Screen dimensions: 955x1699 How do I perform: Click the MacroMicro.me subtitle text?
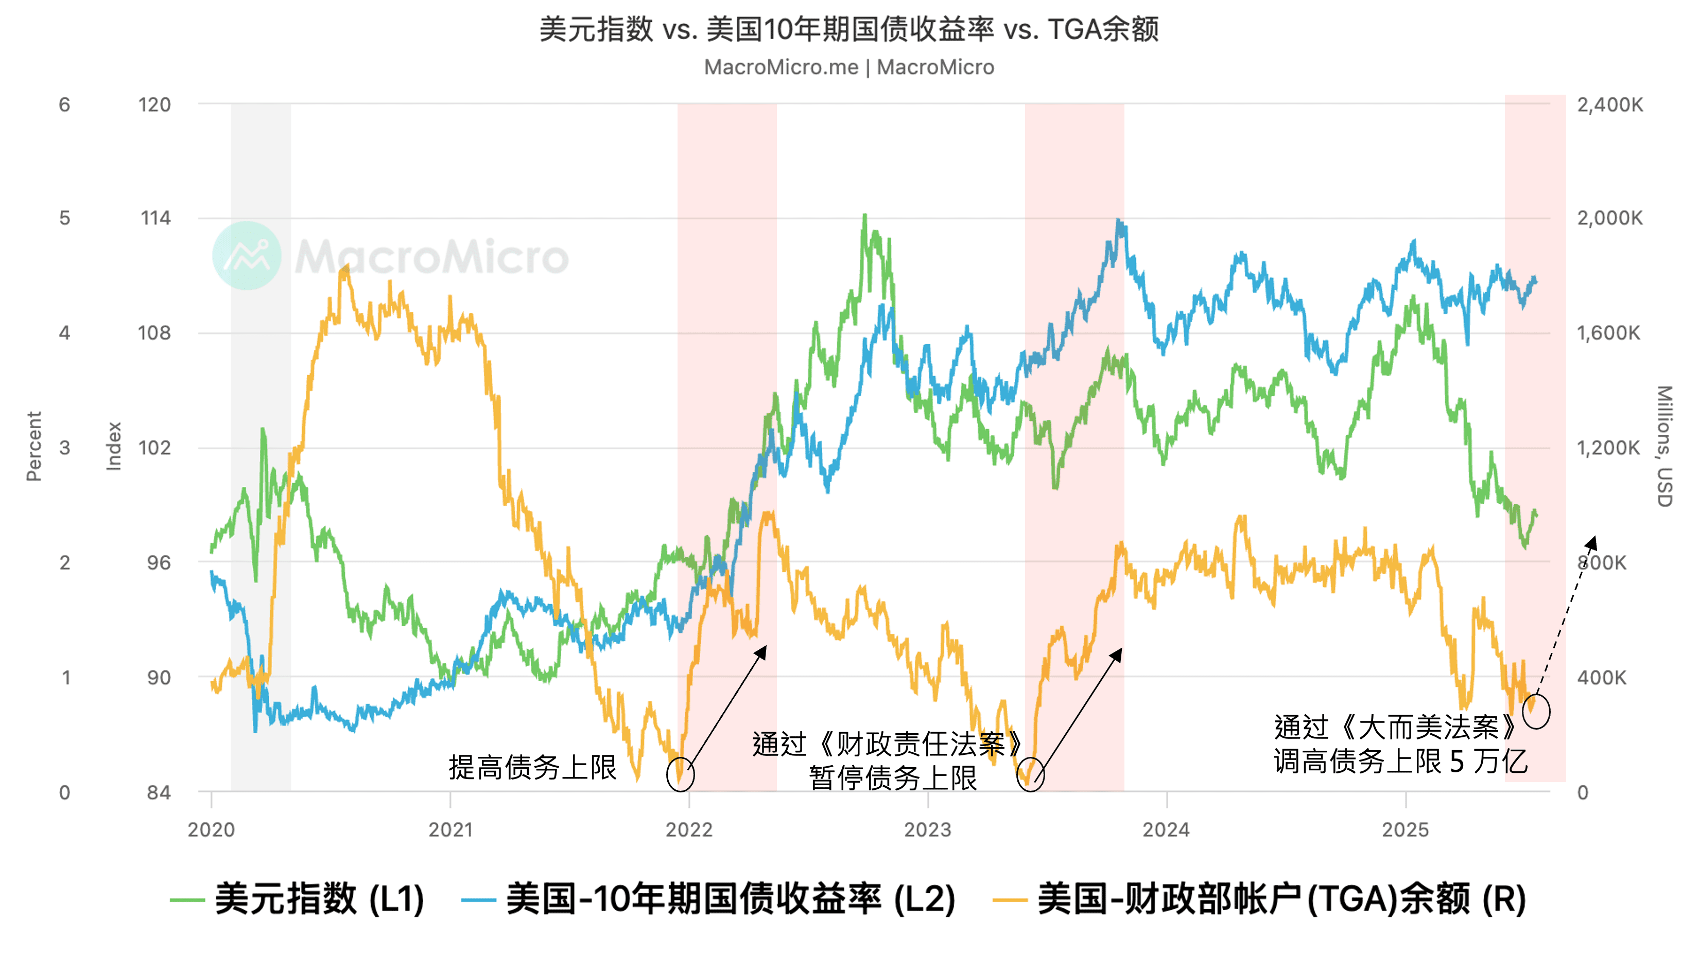pos(849,67)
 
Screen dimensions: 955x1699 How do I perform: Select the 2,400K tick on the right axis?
pos(1609,105)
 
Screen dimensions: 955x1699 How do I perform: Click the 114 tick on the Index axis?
pos(155,218)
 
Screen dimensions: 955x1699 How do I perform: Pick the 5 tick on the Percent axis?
pos(65,218)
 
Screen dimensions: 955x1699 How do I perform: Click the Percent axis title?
pos(33,446)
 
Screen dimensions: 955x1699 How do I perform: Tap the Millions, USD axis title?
pos(1665,446)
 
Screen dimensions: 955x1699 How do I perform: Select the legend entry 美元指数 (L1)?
pos(297,898)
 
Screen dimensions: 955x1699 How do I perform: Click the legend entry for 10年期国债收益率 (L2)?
pos(709,898)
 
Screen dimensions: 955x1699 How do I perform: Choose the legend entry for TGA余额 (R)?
pos(1260,898)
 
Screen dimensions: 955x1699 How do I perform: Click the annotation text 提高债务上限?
pos(532,767)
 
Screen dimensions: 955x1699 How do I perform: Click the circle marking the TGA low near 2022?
pos(680,774)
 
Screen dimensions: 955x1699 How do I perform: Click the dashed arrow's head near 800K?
pos(1593,542)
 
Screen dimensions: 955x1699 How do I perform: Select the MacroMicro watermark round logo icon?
pos(247,256)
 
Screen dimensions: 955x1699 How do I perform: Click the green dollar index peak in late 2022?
pos(864,216)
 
